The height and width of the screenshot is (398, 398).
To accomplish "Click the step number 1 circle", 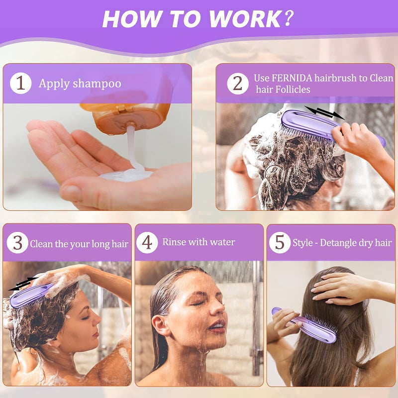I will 20,83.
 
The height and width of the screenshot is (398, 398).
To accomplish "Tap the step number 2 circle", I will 238,84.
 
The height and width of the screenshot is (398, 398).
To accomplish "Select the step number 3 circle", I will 17,243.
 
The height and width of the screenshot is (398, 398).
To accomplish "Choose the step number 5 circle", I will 280,243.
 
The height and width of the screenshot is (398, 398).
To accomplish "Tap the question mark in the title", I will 289,19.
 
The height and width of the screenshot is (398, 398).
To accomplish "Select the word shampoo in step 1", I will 97,83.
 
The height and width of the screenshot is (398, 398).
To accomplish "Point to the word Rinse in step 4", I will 175,242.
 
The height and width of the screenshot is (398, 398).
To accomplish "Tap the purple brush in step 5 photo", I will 304,324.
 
